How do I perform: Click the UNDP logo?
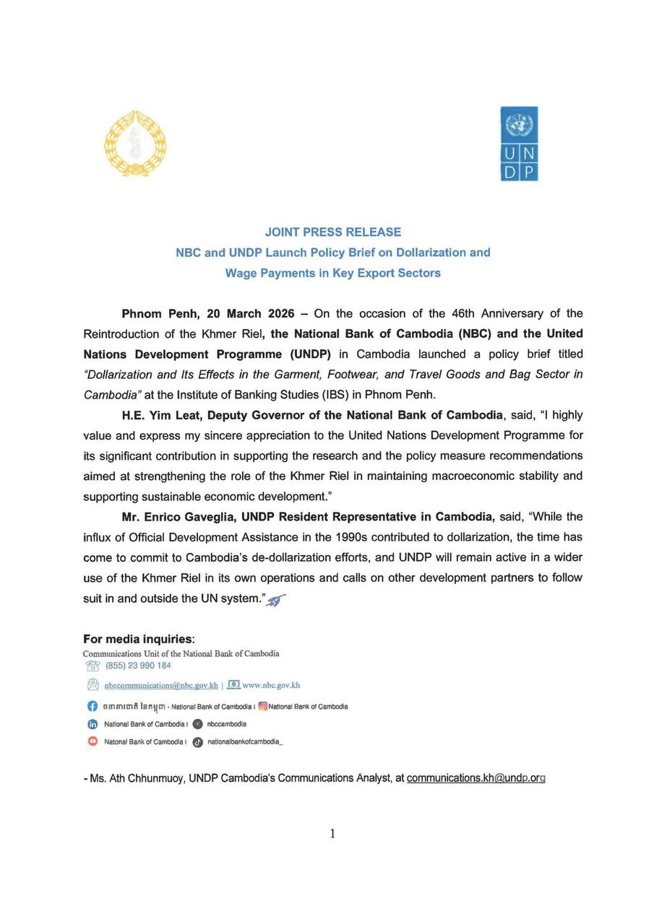coord(519,144)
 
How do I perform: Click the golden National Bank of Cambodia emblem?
coord(135,144)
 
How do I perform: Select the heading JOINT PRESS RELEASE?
coord(332,232)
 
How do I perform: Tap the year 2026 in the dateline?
coord(281,313)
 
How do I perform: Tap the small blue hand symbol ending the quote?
coord(276,600)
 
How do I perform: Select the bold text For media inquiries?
coord(138,639)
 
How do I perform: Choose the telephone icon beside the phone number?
coord(92,666)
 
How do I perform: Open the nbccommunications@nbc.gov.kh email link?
coord(161,685)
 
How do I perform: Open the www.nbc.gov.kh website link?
coord(271,685)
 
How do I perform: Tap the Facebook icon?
coord(92,706)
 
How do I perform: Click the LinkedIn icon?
coord(92,724)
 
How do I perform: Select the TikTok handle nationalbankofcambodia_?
coord(245,741)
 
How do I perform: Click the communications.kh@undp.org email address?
coord(476,778)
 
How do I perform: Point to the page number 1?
coord(332,834)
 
